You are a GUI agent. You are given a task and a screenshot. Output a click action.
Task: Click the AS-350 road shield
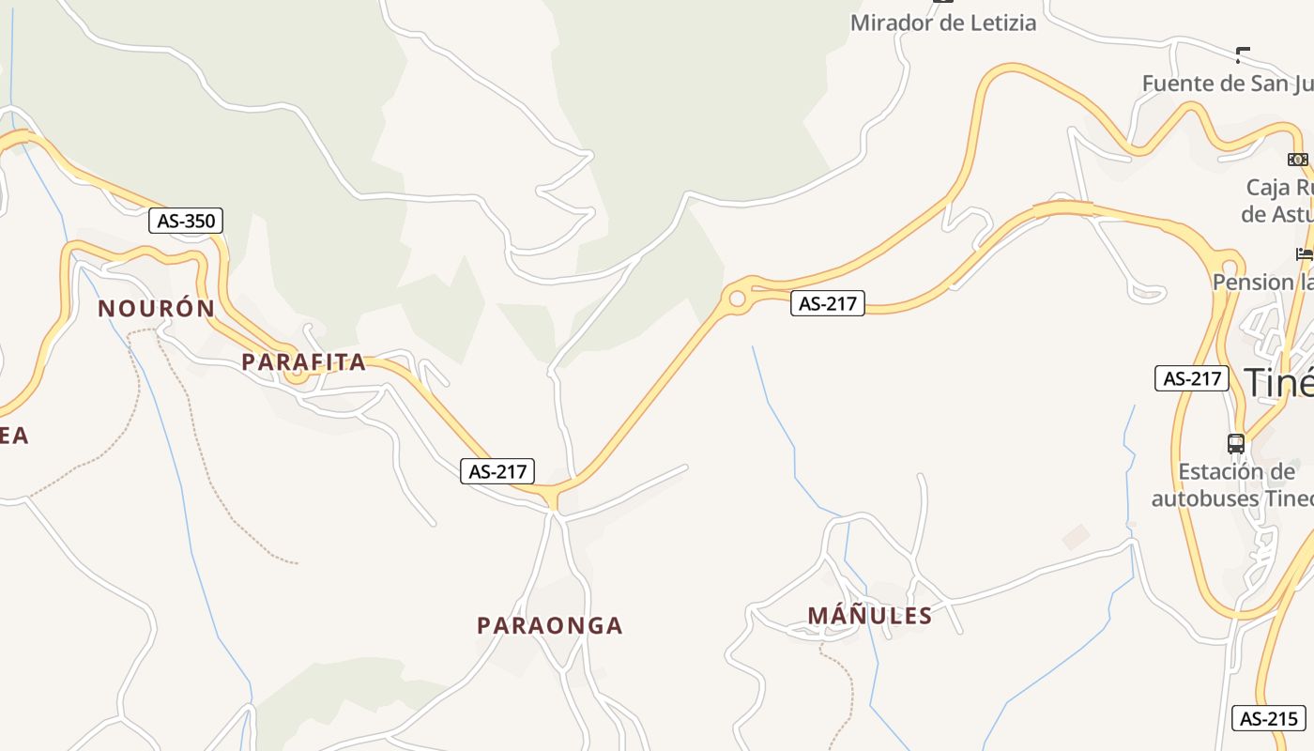tap(186, 222)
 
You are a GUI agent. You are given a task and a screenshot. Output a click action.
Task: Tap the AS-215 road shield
tap(1268, 719)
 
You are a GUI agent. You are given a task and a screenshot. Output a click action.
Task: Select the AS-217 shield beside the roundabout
tap(827, 303)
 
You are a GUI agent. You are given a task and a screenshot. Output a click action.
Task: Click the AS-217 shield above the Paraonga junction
tap(497, 471)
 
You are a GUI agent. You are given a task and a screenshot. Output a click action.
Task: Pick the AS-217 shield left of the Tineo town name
tap(1191, 378)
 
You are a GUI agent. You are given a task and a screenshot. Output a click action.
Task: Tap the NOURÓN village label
tap(157, 308)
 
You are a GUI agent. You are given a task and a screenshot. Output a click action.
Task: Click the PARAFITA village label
tap(303, 362)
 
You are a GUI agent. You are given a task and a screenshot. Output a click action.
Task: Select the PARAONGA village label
tap(549, 625)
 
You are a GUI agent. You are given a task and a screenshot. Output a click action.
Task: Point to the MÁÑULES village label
tap(870, 616)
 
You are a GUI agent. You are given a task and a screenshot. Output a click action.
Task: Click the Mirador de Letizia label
tap(943, 23)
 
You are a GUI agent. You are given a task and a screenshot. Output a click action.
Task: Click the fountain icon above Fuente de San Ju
tap(1243, 55)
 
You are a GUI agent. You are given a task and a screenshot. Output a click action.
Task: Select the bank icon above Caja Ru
tap(1298, 160)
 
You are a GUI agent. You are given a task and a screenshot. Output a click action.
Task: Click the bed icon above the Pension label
tap(1304, 253)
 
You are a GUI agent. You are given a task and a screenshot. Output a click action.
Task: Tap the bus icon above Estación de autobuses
tap(1236, 443)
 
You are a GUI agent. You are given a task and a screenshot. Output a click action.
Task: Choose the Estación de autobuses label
tap(1232, 484)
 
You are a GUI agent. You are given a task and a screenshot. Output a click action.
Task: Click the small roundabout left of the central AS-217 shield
tap(737, 299)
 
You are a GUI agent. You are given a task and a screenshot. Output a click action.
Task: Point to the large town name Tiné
tap(1278, 382)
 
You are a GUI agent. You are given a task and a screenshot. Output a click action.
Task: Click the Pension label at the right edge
tap(1262, 282)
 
